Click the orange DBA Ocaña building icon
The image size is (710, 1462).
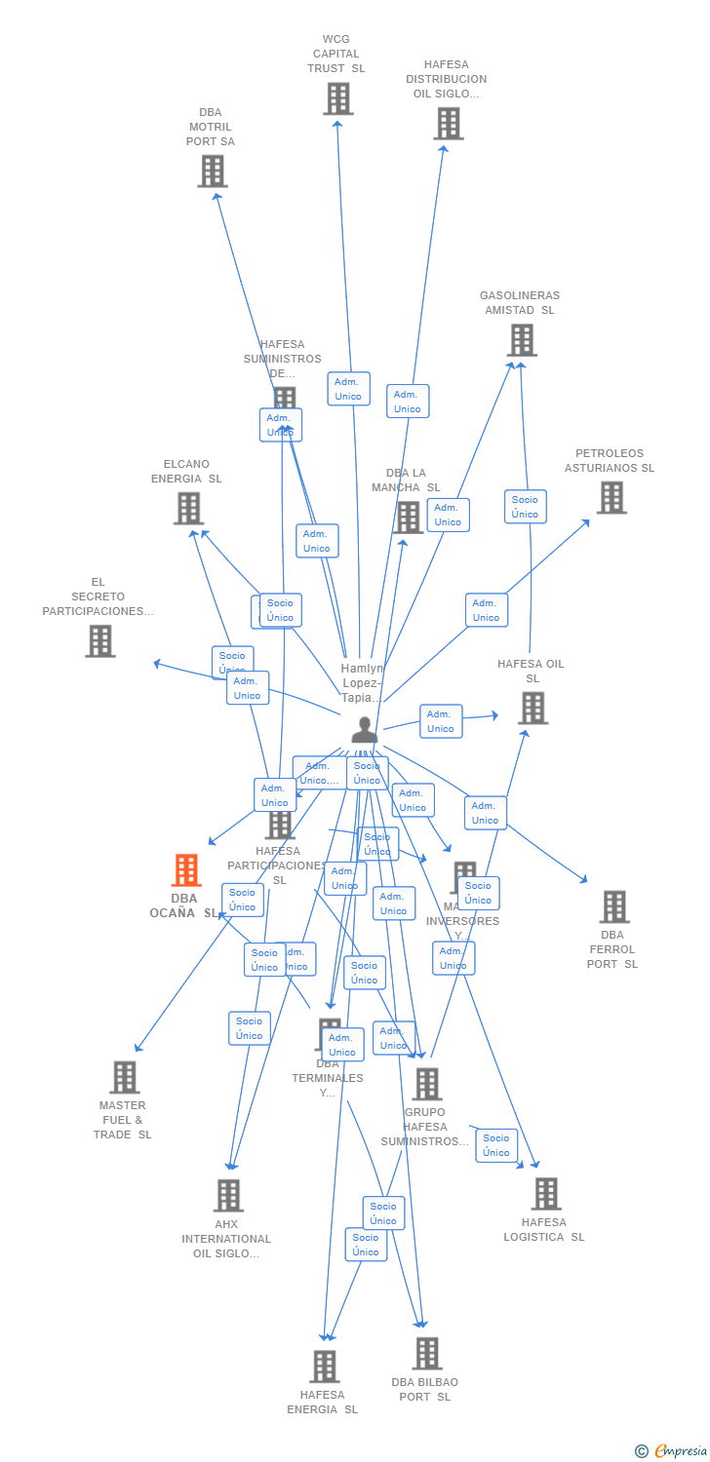pos(185,869)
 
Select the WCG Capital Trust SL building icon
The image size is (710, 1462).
pos(337,98)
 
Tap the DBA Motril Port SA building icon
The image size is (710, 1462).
pos(212,171)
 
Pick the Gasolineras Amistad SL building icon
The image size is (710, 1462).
pos(522,340)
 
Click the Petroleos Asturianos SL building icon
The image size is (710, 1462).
pos(611,497)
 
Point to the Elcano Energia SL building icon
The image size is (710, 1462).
pos(188,508)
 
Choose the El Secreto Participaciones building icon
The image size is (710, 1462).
pos(99,640)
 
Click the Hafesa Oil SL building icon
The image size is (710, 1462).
pos(532,708)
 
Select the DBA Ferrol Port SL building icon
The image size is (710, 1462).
pos(613,906)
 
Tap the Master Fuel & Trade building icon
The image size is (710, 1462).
pos(124,1077)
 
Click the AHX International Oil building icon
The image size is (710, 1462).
pos(227,1195)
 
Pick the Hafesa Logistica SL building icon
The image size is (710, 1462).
pos(545,1193)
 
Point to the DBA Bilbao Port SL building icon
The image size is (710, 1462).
pos(426,1353)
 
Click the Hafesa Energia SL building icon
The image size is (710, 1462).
pos(325,1366)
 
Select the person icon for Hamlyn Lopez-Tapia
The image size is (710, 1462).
pos(364,729)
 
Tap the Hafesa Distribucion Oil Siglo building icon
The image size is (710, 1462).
pos(448,124)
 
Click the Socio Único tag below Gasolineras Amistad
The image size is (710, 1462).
pos(525,507)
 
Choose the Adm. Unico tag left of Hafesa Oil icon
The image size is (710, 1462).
pos(441,721)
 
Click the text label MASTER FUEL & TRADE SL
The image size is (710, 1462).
pos(123,1120)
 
